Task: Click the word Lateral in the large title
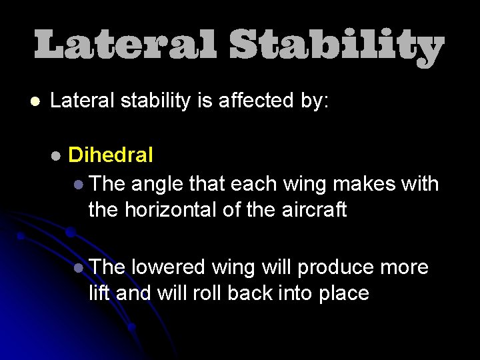tap(125, 47)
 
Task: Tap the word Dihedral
tap(111, 155)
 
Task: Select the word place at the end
tap(341, 294)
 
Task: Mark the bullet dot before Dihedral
tap(56, 156)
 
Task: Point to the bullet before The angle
tap(79, 183)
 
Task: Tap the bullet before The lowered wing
tap(79, 268)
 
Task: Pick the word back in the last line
tap(243, 293)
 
